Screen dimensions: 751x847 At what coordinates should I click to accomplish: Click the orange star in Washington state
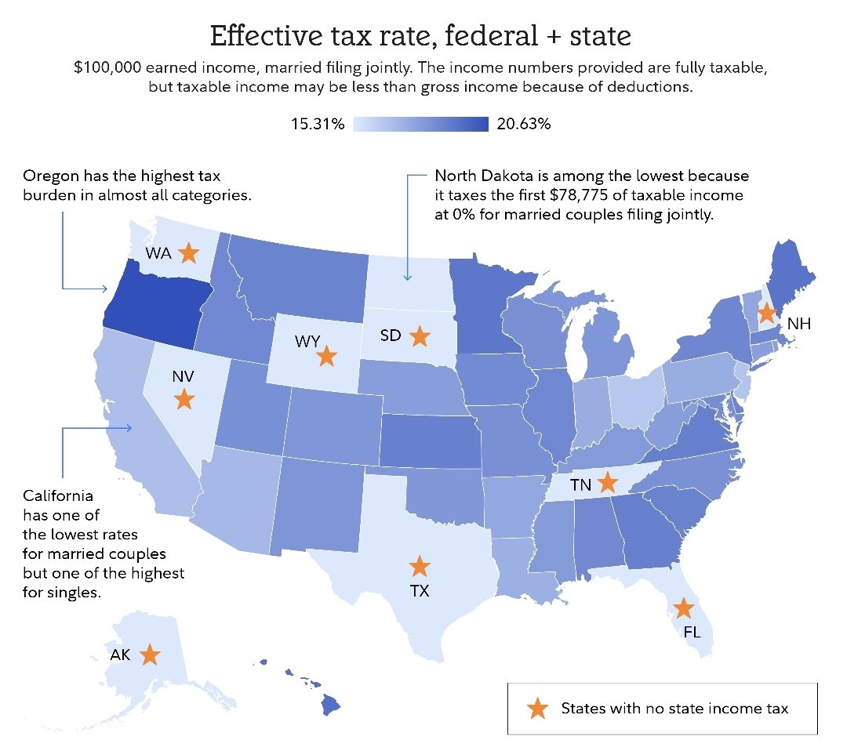187,253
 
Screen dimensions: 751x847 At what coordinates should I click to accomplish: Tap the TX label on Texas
420,591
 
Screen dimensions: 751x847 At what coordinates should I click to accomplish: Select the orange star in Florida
684,608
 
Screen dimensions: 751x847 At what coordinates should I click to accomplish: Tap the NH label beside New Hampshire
798,323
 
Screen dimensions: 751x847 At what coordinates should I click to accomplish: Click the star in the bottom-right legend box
537,709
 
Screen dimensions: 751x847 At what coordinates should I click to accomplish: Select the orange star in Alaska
149,655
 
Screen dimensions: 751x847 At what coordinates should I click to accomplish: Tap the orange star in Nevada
184,400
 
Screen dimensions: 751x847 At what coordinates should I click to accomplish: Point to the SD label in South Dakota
391,336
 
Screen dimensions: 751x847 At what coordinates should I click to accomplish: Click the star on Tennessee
607,481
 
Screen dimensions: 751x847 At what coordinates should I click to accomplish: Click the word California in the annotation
58,496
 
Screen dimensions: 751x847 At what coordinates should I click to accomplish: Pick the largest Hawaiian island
331,706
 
